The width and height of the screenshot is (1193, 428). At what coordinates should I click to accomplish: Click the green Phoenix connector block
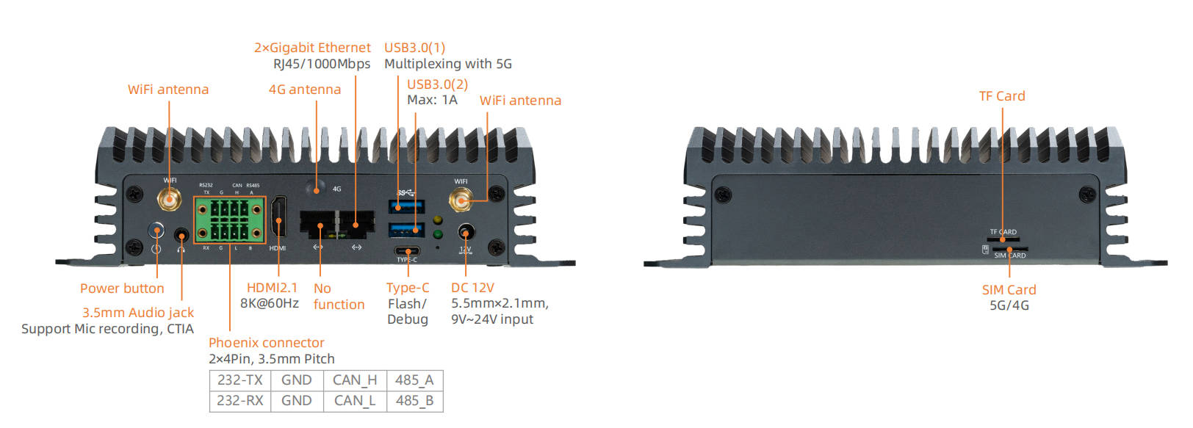[229, 220]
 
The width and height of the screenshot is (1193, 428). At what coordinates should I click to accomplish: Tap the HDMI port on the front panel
[278, 217]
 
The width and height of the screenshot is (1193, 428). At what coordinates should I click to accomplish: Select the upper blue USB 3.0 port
[406, 206]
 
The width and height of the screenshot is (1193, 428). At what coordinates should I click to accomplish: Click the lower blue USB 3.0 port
[406, 230]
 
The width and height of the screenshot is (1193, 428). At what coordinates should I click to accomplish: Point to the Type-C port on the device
[407, 251]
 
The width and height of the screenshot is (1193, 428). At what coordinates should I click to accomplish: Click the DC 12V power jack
[465, 233]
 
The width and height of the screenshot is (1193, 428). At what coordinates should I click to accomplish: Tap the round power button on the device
[156, 231]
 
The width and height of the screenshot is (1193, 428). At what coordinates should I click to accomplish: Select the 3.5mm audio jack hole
[181, 236]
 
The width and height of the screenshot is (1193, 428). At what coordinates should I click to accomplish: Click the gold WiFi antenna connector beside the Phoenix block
[169, 198]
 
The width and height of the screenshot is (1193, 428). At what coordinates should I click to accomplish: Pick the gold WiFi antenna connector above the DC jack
[461, 199]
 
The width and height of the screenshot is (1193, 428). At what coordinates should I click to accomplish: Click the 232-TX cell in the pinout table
[240, 380]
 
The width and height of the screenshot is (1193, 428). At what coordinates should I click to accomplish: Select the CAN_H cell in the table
[354, 380]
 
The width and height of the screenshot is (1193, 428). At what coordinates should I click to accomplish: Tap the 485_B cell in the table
[414, 401]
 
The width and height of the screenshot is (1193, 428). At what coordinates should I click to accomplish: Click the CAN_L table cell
[354, 401]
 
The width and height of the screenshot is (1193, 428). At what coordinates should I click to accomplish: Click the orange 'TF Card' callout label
[1001, 96]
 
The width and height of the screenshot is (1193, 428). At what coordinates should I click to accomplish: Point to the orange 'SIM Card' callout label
[1009, 290]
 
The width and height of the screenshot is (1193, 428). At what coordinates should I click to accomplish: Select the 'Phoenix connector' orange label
[266, 343]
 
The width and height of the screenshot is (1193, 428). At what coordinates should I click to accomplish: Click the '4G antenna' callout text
[304, 90]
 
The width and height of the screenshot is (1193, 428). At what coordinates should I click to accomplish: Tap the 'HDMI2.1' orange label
[272, 288]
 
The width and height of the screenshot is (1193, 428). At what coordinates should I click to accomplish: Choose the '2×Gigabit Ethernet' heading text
[312, 48]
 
